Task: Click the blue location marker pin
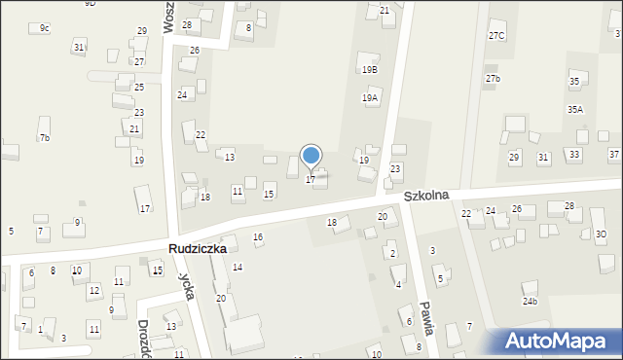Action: coord(311,157)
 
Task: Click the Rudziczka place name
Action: coord(197,249)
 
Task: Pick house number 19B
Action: coord(369,70)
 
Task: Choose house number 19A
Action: coord(370,98)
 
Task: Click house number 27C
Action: coord(496,36)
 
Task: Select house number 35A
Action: coord(575,110)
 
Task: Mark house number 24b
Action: coord(530,302)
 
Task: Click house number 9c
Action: coord(45,28)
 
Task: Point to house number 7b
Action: coord(44,138)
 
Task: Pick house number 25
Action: coord(139,88)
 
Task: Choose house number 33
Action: coord(575,155)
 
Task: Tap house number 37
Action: coord(614,155)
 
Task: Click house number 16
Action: coord(258,237)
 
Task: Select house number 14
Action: coord(238,268)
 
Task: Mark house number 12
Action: coord(93,291)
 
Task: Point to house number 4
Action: coord(398,284)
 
